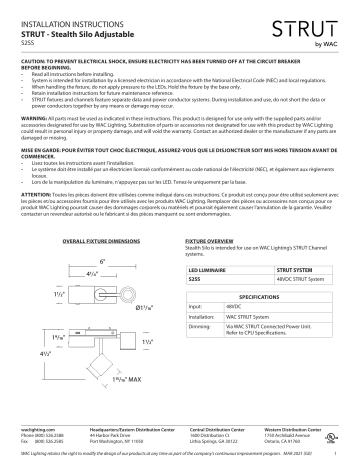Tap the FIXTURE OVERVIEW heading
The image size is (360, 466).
click(x=213, y=242)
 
